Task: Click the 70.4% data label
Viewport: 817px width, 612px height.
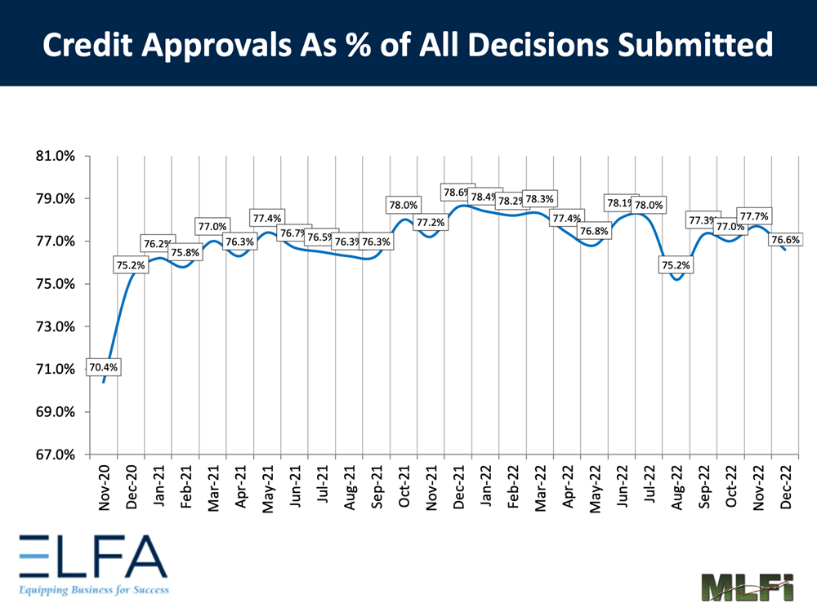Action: click(x=104, y=367)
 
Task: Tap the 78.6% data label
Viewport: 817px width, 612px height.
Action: click(x=457, y=193)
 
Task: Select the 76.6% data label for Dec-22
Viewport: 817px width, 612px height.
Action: click(x=784, y=240)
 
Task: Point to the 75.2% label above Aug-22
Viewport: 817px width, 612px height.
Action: click(x=676, y=265)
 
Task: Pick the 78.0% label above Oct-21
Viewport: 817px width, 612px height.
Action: click(x=403, y=206)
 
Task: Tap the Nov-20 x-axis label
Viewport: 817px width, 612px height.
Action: click(x=104, y=489)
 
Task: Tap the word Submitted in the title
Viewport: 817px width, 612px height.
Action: click(x=696, y=46)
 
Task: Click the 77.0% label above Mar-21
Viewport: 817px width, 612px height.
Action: click(x=212, y=227)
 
